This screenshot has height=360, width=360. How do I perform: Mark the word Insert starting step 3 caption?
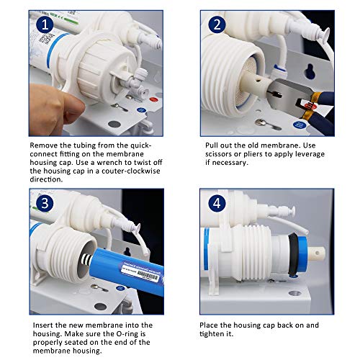pos(42,325)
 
